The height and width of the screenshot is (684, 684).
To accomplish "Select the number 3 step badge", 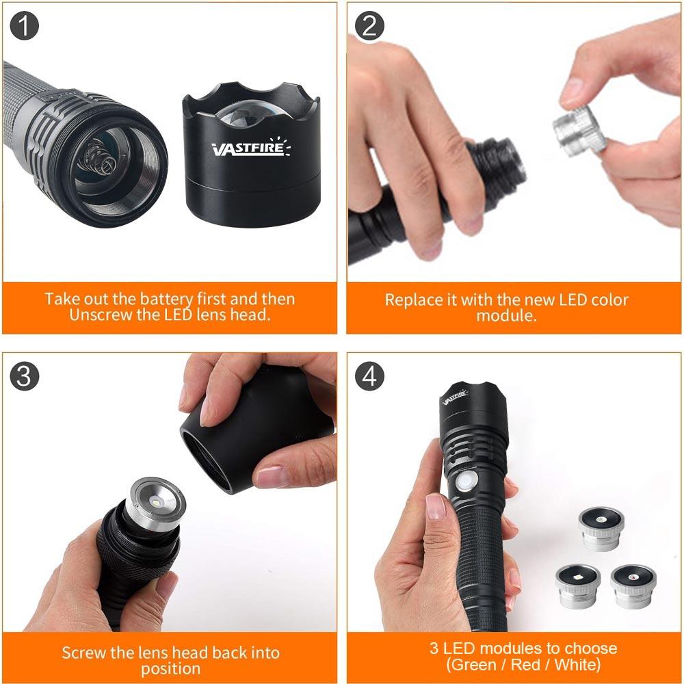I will (x=25, y=377).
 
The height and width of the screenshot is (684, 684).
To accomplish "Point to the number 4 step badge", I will (x=370, y=377).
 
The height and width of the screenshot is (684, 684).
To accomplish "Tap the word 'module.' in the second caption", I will (x=506, y=316).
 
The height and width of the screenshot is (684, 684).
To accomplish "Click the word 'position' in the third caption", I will (x=171, y=668).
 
